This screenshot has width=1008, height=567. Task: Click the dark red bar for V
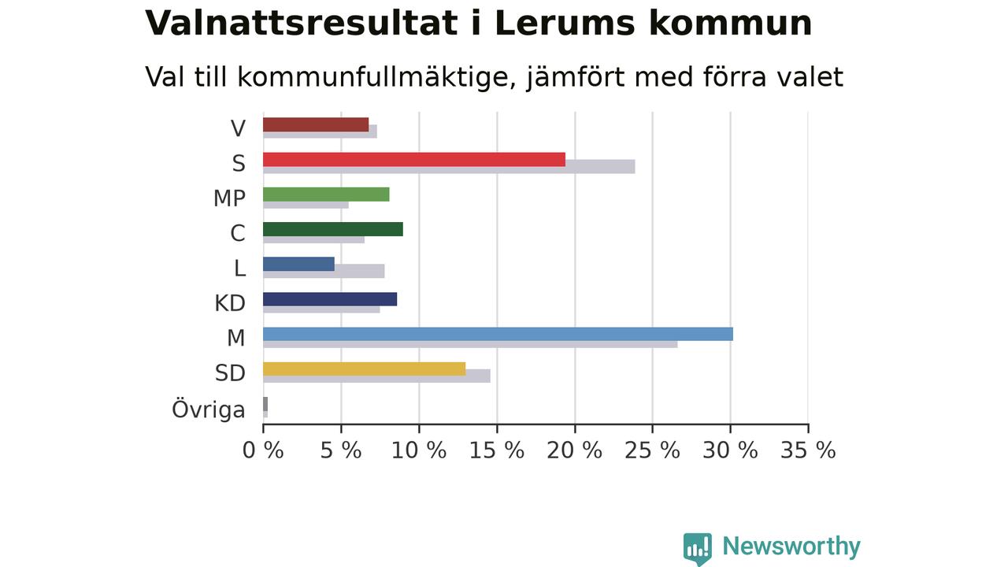[x=316, y=124]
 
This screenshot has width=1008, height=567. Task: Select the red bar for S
[x=414, y=160]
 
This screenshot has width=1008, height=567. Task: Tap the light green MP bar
[x=326, y=195]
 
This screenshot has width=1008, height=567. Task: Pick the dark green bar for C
[x=333, y=229]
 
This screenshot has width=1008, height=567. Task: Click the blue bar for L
[x=298, y=264]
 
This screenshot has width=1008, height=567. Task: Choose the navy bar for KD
[x=330, y=299]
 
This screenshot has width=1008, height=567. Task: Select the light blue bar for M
[x=498, y=335]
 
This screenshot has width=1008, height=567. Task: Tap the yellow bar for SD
[x=365, y=369]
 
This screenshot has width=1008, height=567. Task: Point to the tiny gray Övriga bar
[x=265, y=404]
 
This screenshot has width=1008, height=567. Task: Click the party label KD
[x=230, y=303]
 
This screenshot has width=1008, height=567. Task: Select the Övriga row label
[x=209, y=409]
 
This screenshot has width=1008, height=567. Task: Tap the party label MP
[x=229, y=198]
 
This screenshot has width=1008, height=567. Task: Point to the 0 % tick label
[x=263, y=450]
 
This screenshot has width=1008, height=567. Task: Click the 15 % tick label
[x=497, y=450]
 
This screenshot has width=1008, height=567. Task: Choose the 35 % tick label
[x=808, y=450]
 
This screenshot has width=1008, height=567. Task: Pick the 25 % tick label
[x=653, y=450]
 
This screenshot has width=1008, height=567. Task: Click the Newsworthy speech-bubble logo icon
[x=698, y=549]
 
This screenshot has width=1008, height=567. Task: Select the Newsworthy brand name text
[x=791, y=547]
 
